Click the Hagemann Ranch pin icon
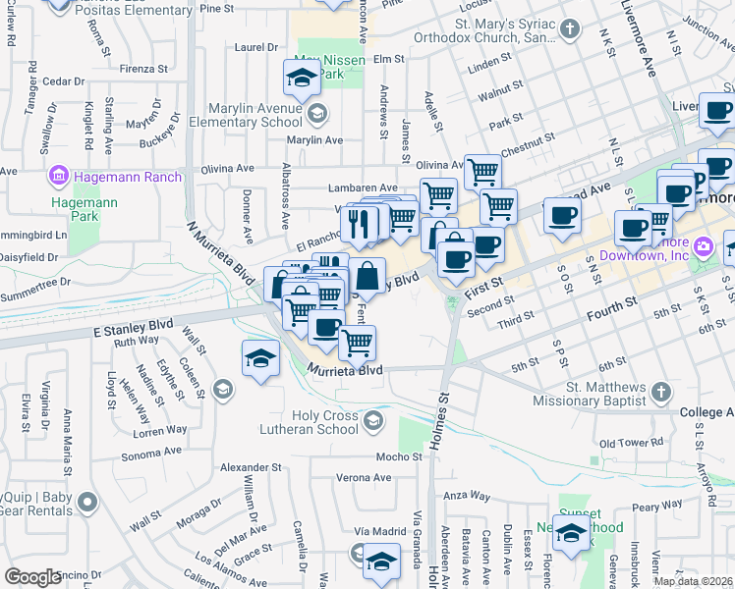[x=58, y=177]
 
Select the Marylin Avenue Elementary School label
[x=254, y=115]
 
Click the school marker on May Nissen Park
[x=303, y=76]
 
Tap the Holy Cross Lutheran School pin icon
[x=372, y=421]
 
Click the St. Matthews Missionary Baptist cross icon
[x=662, y=393]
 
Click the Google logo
[x=32, y=577]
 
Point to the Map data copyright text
[x=694, y=581]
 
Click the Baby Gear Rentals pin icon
[x=87, y=503]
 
